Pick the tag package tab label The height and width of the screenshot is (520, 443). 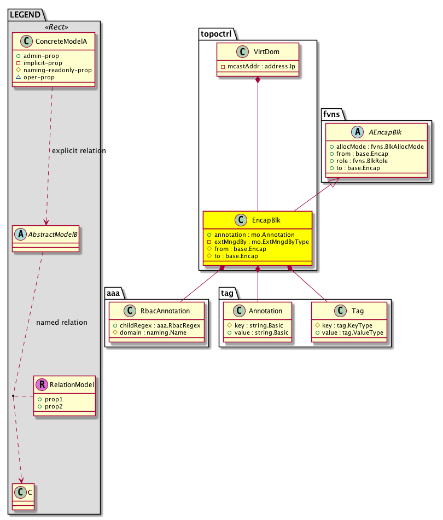(x=228, y=294)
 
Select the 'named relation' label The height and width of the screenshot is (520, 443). (x=62, y=322)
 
